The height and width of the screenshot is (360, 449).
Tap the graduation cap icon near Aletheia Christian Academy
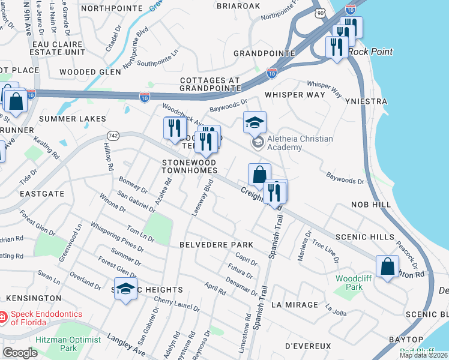point(255,124)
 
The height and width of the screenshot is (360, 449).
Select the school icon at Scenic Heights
point(126,290)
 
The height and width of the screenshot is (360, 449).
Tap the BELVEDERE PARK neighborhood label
point(216,245)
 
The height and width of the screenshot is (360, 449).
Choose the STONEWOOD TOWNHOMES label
point(189,166)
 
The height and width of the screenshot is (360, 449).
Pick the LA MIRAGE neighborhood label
point(294,304)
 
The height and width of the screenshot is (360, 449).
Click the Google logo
point(20,353)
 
